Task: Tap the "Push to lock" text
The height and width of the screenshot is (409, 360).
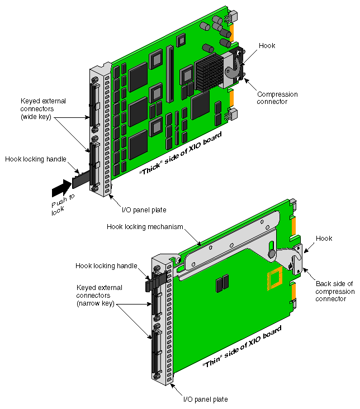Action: (x=57, y=206)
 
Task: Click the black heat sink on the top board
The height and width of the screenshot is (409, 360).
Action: (x=211, y=73)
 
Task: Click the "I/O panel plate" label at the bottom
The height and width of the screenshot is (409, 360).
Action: (x=206, y=399)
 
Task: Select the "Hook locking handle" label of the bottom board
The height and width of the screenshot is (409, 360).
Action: (x=106, y=265)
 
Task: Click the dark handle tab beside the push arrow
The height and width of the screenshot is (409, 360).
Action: (x=80, y=179)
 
